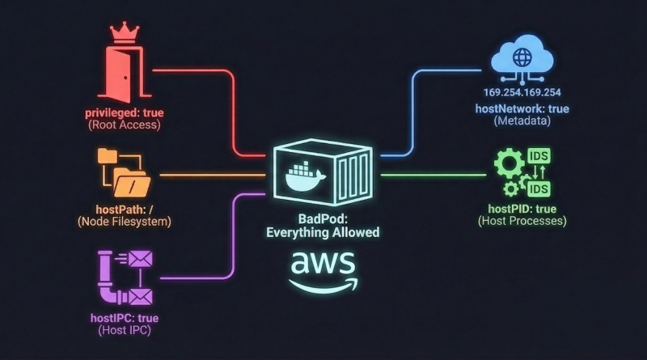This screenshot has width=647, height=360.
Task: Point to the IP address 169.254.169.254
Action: click(x=522, y=93)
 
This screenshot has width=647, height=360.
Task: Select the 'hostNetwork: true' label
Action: click(x=522, y=108)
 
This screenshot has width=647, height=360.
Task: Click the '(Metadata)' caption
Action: click(x=522, y=121)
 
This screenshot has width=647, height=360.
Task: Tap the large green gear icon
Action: click(x=509, y=166)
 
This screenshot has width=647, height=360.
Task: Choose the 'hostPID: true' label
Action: click(x=522, y=207)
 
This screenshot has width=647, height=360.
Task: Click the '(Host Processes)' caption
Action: click(x=522, y=221)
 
